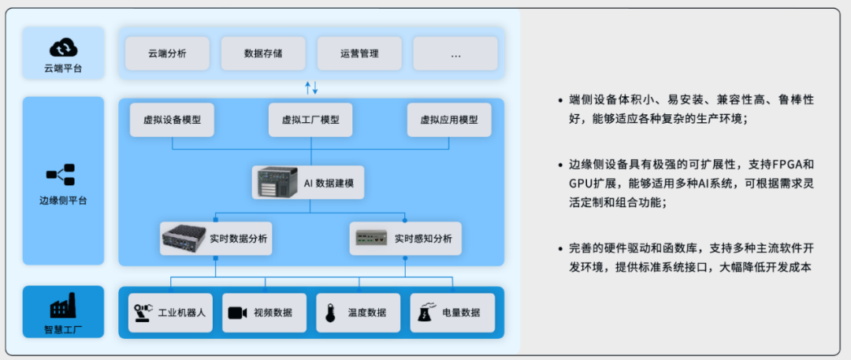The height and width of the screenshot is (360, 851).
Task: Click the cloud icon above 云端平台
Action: (63, 48)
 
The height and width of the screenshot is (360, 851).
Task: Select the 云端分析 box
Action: (167, 54)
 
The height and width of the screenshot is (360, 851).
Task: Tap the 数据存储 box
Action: (263, 54)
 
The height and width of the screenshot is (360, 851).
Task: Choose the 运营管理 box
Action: (359, 54)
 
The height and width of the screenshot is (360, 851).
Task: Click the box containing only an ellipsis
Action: (455, 54)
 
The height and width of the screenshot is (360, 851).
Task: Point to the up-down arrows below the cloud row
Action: (311, 87)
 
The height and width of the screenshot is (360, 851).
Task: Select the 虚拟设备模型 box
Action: (172, 120)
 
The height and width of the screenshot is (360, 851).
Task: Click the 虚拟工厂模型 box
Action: (310, 120)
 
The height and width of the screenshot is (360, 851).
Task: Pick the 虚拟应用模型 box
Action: (449, 120)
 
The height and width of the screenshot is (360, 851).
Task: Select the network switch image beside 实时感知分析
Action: (372, 238)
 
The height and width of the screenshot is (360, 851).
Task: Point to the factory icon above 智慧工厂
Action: (63, 306)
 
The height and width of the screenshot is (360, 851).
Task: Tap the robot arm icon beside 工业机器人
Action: (143, 313)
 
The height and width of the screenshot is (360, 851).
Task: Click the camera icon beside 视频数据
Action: (238, 313)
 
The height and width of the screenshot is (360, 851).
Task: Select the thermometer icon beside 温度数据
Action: (329, 314)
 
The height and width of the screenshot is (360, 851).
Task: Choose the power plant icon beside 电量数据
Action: (424, 313)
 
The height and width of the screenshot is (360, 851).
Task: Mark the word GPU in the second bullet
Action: (580, 184)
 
